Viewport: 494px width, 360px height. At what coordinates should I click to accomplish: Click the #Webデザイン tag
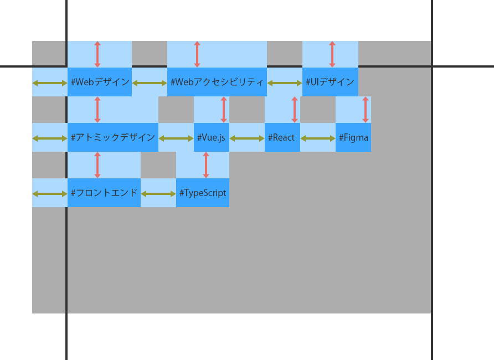100,82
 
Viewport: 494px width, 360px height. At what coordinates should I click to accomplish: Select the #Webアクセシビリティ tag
217,82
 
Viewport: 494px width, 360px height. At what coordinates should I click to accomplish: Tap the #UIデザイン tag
330,82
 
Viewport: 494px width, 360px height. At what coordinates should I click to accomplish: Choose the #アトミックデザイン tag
113,137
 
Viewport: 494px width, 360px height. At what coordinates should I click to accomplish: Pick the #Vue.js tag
212,137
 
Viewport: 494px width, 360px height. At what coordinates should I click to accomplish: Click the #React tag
282,137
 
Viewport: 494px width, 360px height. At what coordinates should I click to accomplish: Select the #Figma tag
353,137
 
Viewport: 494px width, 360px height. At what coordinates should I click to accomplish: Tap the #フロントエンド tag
104,193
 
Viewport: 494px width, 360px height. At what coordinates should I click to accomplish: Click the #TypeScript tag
203,193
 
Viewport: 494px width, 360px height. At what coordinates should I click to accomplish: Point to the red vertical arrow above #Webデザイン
97,54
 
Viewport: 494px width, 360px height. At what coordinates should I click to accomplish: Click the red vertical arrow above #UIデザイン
332,54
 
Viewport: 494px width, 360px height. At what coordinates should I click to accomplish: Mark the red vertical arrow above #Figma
366,110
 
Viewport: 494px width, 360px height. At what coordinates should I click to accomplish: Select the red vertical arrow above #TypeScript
206,165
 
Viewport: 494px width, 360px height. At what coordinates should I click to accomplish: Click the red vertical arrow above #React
295,110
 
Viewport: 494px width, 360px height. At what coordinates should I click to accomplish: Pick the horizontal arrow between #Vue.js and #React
247,138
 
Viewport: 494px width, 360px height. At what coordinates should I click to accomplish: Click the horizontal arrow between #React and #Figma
318,138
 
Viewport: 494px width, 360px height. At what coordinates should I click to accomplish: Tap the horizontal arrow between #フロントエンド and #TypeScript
158,194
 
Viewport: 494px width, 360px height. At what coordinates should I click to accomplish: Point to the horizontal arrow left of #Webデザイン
50,83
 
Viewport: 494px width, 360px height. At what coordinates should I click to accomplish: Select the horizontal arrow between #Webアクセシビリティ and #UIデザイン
285,83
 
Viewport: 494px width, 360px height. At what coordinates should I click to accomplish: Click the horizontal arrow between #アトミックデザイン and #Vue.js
176,138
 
